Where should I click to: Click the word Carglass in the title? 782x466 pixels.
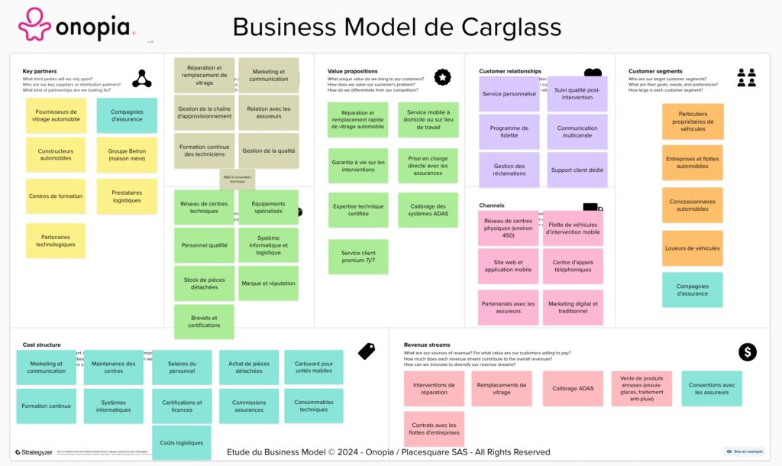[511, 27]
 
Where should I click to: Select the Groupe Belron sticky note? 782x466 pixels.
[127, 155]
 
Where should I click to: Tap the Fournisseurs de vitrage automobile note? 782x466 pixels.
[56, 115]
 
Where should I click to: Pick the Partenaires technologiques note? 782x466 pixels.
[56, 241]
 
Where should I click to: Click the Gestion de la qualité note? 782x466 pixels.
[269, 150]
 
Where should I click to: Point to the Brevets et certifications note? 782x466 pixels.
[204, 322]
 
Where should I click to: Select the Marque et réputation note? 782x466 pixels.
[269, 283]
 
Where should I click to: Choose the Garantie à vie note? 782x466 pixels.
[358, 166]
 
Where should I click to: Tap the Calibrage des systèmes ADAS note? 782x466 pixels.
[428, 210]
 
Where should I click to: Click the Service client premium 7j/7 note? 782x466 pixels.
[358, 257]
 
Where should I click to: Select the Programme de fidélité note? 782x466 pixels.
[509, 131]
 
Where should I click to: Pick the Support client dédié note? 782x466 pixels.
[577, 170]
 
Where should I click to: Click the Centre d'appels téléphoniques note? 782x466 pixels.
[573, 266]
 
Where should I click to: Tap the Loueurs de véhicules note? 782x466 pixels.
[693, 248]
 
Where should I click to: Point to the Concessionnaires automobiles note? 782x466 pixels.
[693, 205]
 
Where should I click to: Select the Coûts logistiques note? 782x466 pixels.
[182, 442]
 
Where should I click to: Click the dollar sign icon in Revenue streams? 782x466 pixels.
[747, 351]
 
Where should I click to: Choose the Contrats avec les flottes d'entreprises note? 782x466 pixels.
[434, 429]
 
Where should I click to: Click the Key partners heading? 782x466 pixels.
[40, 71]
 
